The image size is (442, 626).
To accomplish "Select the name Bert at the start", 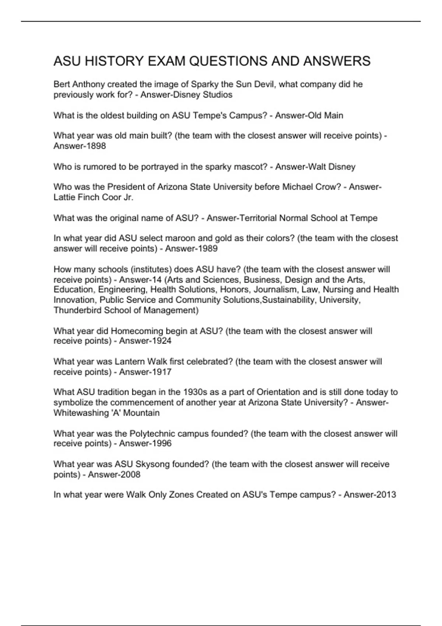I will coord(61,84).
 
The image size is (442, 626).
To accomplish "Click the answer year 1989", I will coord(208,249).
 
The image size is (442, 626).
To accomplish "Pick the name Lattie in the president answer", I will coord(64,197).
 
